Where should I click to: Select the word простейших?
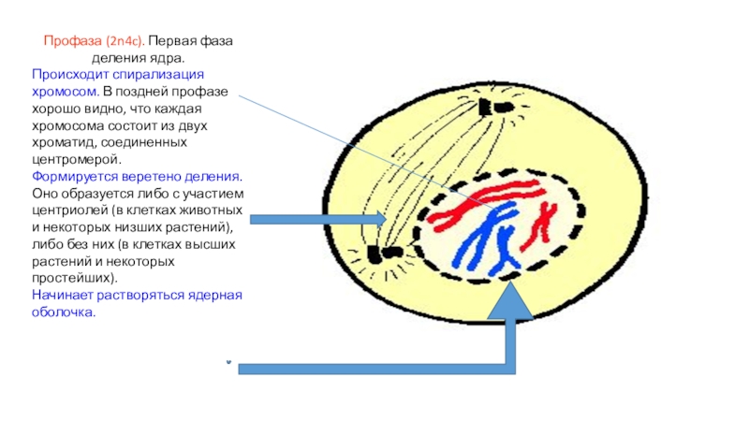click(x=72, y=279)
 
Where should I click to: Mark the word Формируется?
click(x=71, y=176)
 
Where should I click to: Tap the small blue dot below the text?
click(x=228, y=361)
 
